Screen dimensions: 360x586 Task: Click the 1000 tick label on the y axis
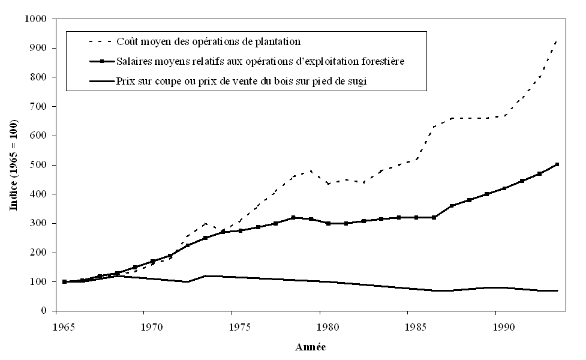[37, 19]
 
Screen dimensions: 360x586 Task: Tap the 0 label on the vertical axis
[44, 311]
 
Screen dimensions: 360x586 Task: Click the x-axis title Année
[311, 347]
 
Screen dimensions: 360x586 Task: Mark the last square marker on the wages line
[557, 164]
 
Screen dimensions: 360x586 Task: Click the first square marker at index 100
[64, 281]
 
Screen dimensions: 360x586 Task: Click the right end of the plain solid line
[558, 290]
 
